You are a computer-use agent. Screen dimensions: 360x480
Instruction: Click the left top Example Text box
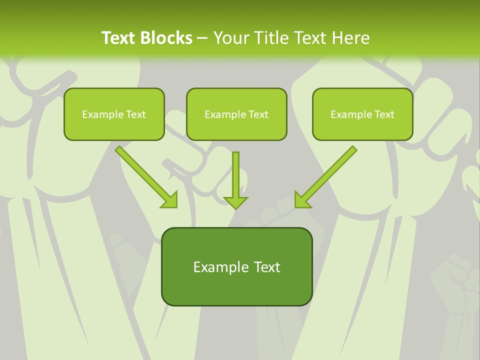(114, 114)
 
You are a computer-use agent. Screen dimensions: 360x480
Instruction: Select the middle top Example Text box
(236, 114)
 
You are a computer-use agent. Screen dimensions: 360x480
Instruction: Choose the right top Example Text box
(362, 114)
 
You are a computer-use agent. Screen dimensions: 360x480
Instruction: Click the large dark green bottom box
(236, 266)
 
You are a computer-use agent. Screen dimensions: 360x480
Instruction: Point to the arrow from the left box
(145, 176)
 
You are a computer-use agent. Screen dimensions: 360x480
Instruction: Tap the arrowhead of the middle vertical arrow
(236, 202)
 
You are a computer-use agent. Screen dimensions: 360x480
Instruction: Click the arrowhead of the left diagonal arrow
(170, 201)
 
